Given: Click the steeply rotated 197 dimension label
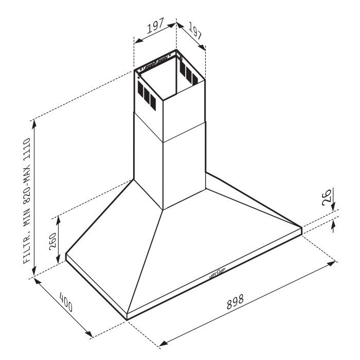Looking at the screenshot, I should click(x=195, y=32).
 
